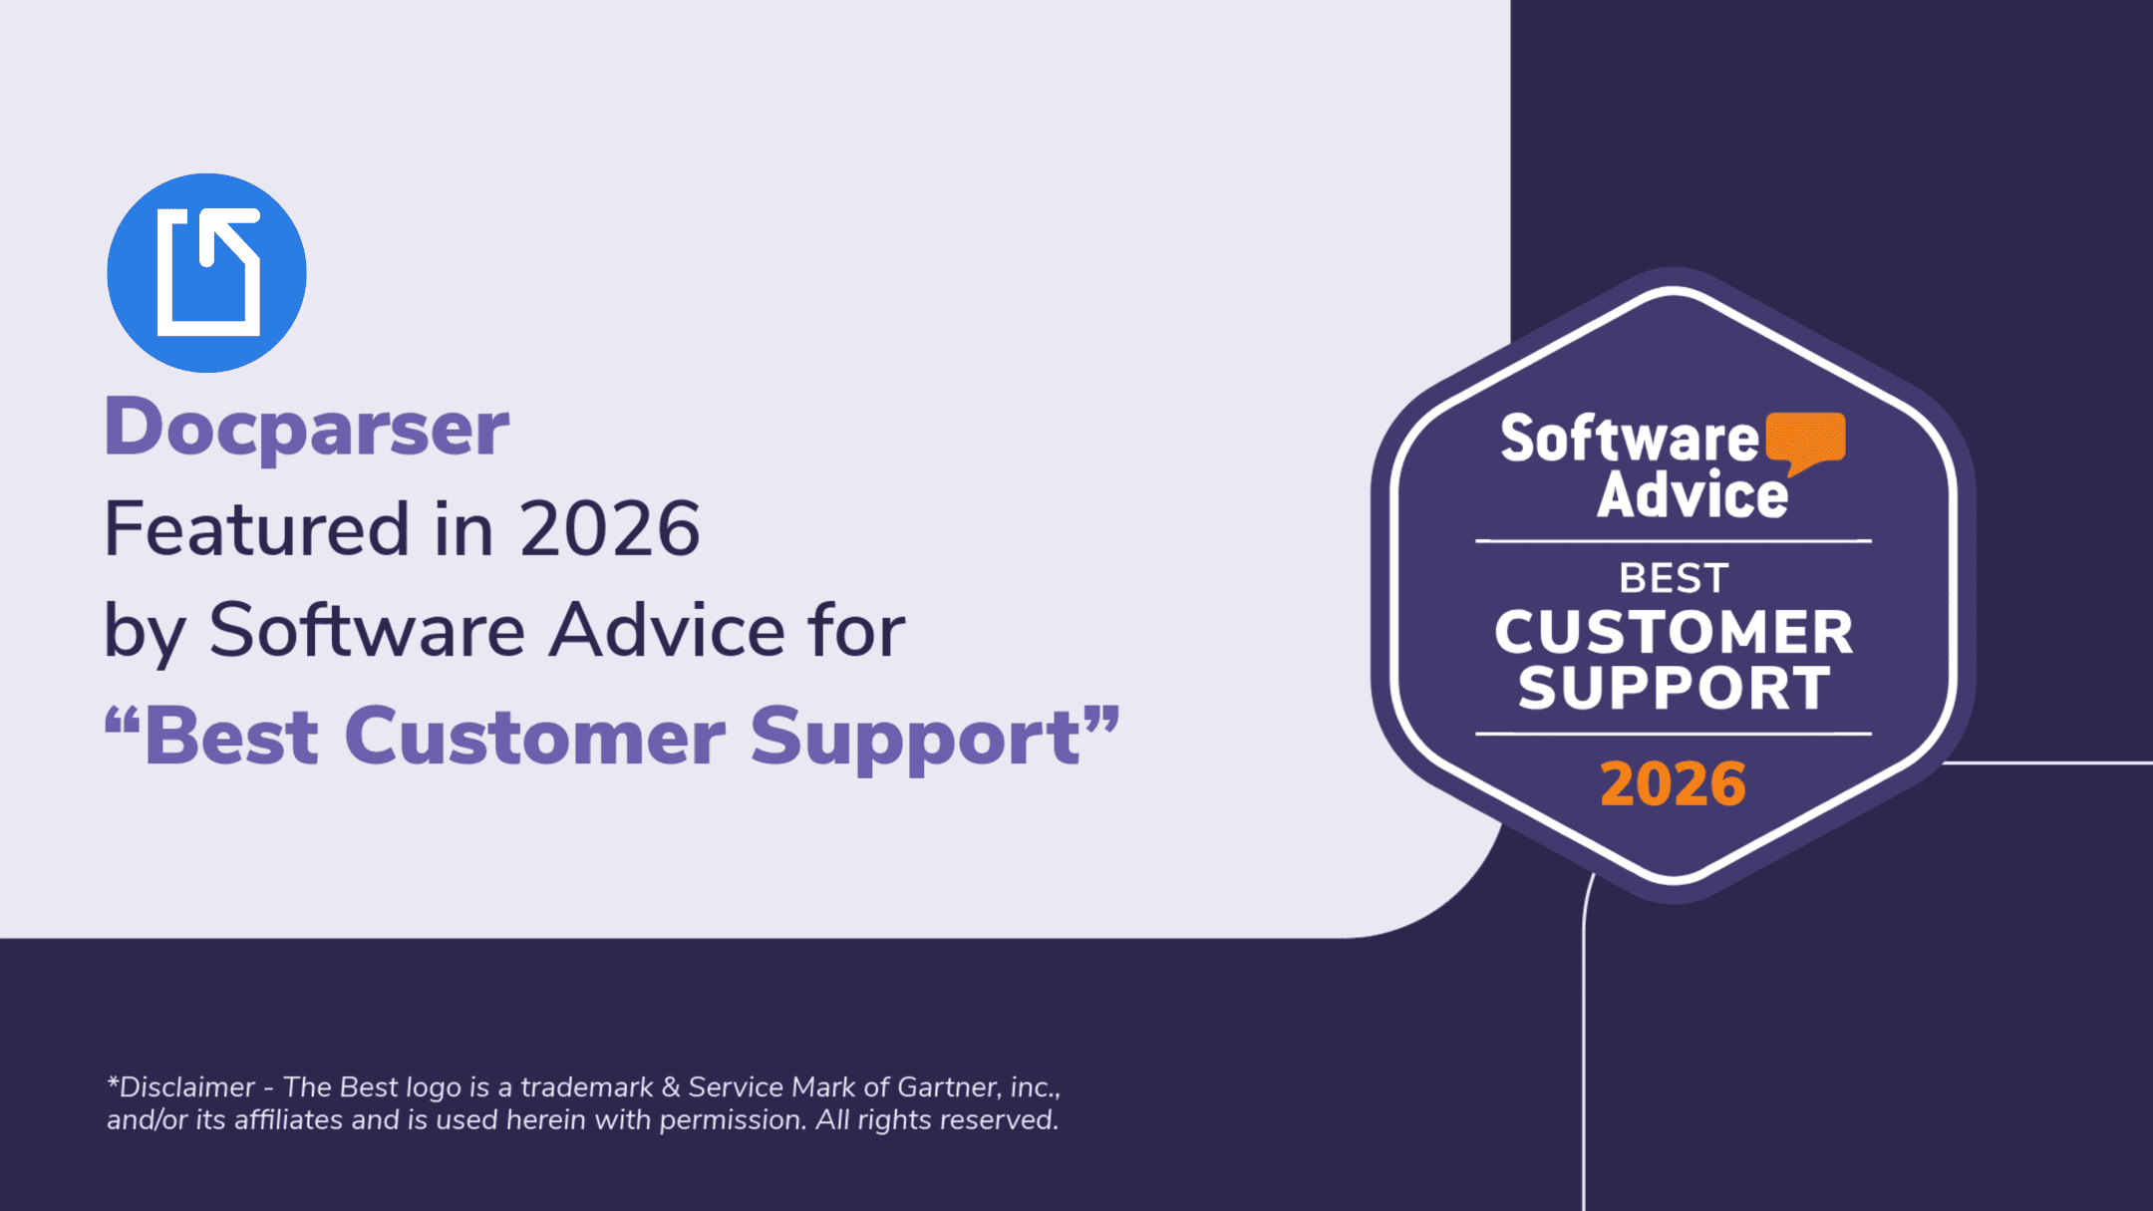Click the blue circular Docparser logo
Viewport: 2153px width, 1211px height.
coord(206,273)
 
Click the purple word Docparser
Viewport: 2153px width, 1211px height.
coord(307,428)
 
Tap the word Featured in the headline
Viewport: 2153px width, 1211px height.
coord(256,529)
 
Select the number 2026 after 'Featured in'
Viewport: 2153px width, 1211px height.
coord(609,529)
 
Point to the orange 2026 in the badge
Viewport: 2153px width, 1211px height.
coord(1673,783)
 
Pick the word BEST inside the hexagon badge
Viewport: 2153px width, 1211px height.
coord(1673,578)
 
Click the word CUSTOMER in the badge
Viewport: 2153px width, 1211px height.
coord(1673,632)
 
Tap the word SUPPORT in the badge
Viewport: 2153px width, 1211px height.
coord(1673,688)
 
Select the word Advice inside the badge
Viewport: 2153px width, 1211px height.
coord(1692,495)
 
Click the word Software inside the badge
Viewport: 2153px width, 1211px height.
coord(1630,440)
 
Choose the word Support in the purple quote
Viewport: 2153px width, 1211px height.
coord(915,738)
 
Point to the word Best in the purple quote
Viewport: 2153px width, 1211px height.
coord(231,738)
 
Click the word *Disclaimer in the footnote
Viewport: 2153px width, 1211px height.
coord(180,1086)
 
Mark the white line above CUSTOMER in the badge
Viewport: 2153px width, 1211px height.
coord(1673,541)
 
